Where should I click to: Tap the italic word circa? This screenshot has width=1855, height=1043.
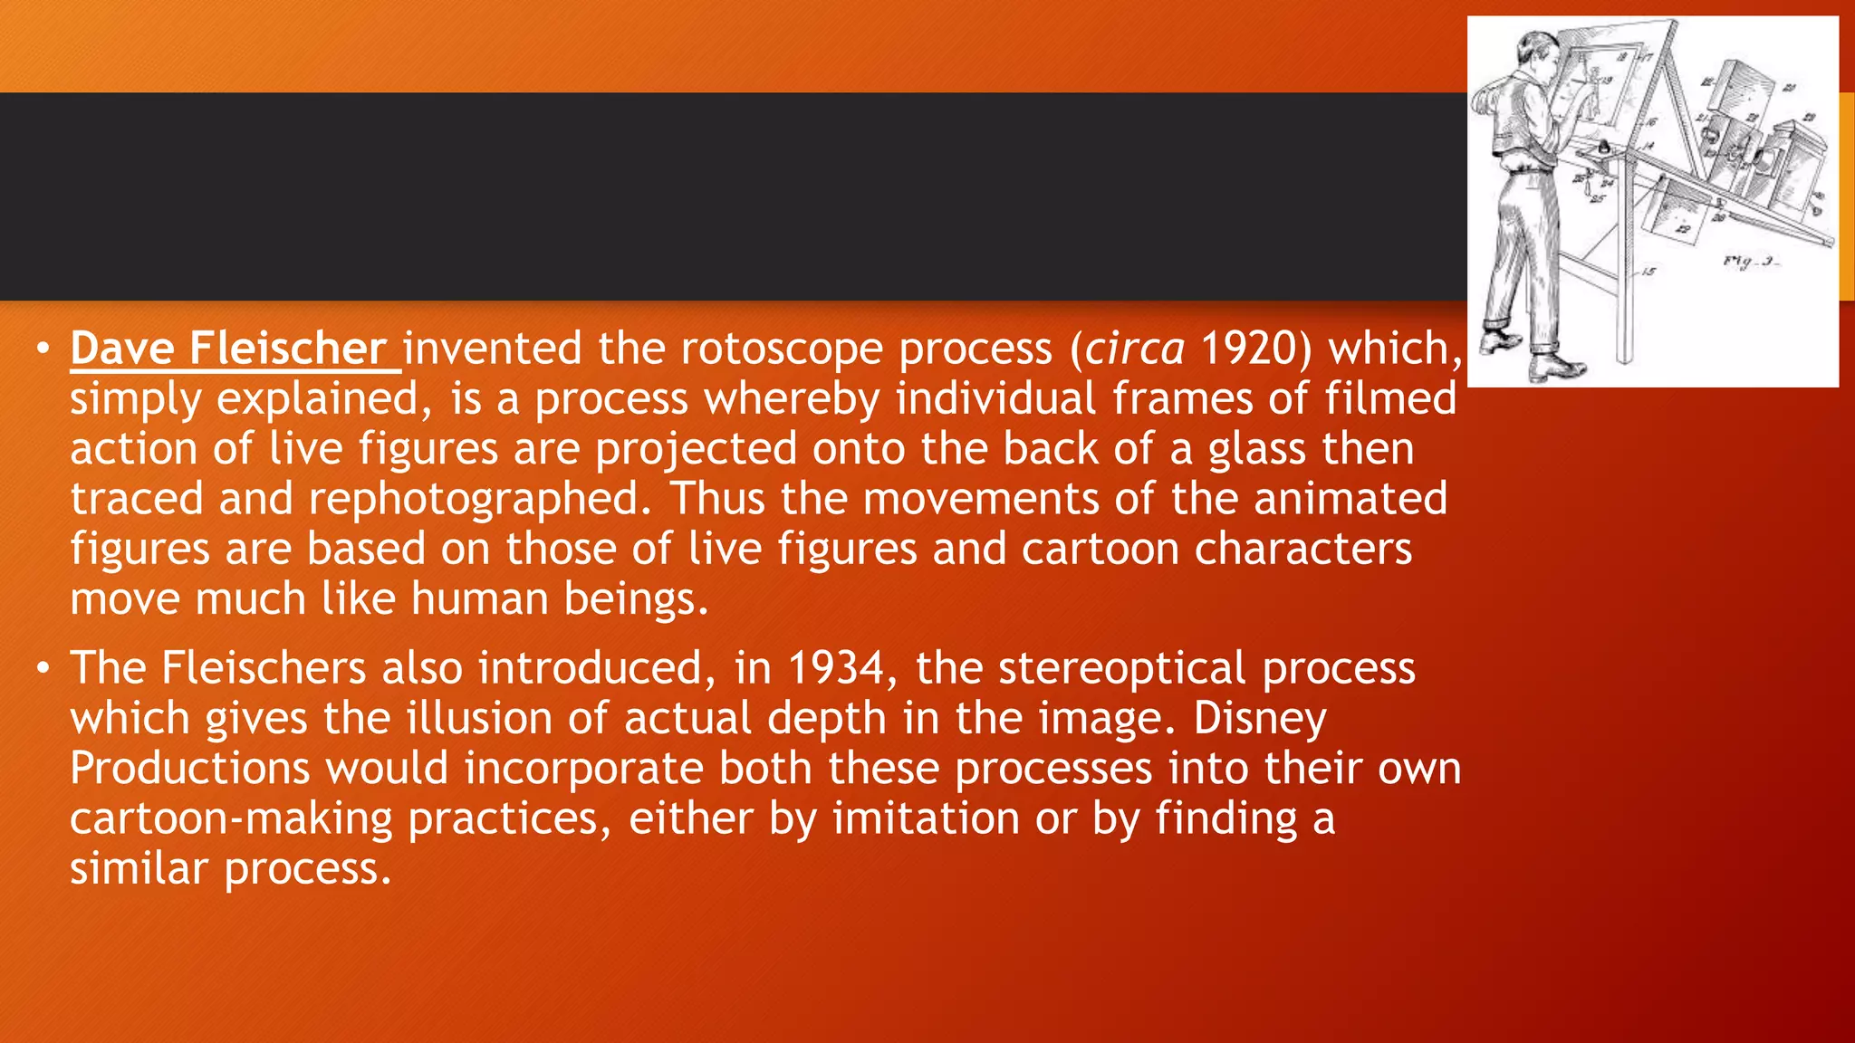(1135, 349)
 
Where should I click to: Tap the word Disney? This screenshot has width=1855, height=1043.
(1259, 719)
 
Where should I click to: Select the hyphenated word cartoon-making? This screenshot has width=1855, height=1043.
(231, 818)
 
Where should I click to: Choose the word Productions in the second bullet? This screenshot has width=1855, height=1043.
(189, 769)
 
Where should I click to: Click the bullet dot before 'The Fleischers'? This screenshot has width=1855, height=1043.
(43, 669)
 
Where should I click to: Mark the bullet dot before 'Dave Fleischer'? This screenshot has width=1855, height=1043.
(43, 349)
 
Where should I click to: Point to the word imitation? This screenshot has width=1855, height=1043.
(926, 818)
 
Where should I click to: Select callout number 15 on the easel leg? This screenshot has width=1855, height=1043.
(1648, 271)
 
